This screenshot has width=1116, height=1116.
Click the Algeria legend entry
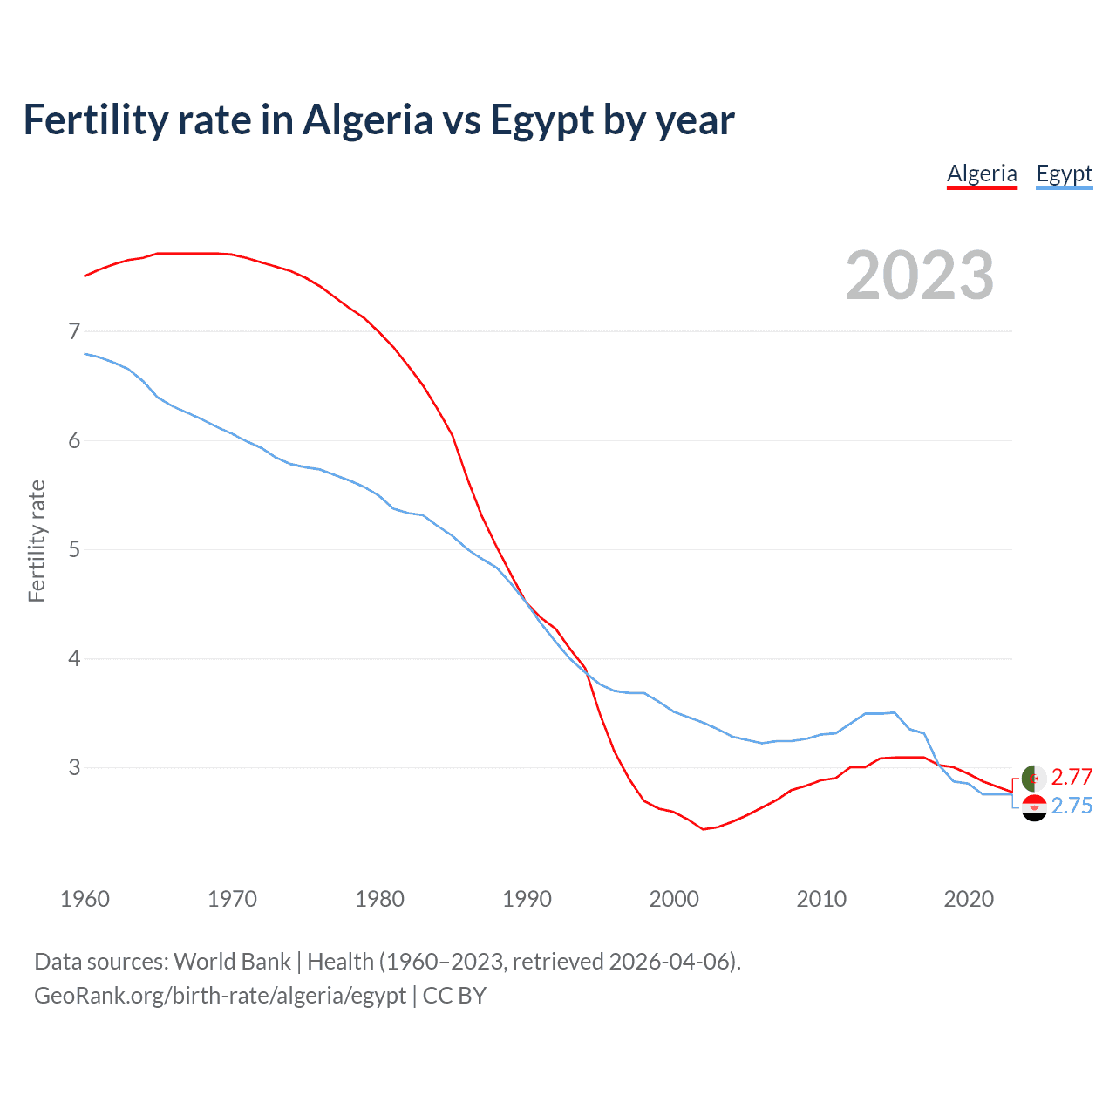982,174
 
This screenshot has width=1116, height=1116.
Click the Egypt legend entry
1064,174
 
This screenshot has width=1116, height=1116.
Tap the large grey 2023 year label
919,276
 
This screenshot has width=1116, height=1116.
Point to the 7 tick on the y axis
74,331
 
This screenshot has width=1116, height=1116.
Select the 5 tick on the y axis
74,549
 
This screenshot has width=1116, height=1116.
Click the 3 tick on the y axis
74,767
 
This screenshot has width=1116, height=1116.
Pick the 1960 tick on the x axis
85,899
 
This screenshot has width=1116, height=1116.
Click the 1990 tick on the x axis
527,899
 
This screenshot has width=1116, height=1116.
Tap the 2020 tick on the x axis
969,899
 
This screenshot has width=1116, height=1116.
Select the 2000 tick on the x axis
674,899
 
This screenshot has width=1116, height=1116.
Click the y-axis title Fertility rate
37,541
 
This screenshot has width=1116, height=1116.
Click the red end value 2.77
1072,777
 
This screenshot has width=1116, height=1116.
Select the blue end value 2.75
1072,806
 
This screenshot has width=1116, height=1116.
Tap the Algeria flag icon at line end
1034,778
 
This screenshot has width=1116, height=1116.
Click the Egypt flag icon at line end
1034,807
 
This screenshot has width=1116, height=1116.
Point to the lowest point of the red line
703,829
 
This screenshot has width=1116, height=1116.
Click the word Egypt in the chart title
541,120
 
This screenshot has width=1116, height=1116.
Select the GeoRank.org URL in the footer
220,996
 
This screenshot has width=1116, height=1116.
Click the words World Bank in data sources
232,962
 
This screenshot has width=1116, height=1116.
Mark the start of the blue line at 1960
85,353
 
